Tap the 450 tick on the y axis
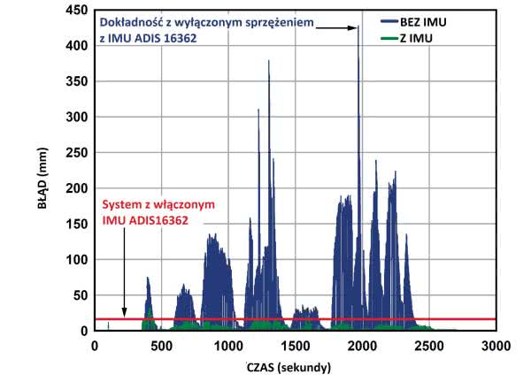pos(75,10)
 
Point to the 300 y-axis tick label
pos(75,118)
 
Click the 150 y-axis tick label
pos(75,225)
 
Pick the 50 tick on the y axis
pos(79,296)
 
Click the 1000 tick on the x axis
pos(227,347)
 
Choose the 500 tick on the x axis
pos(161,347)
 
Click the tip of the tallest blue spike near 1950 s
pos(358,27)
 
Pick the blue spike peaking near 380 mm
pos(268,62)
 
